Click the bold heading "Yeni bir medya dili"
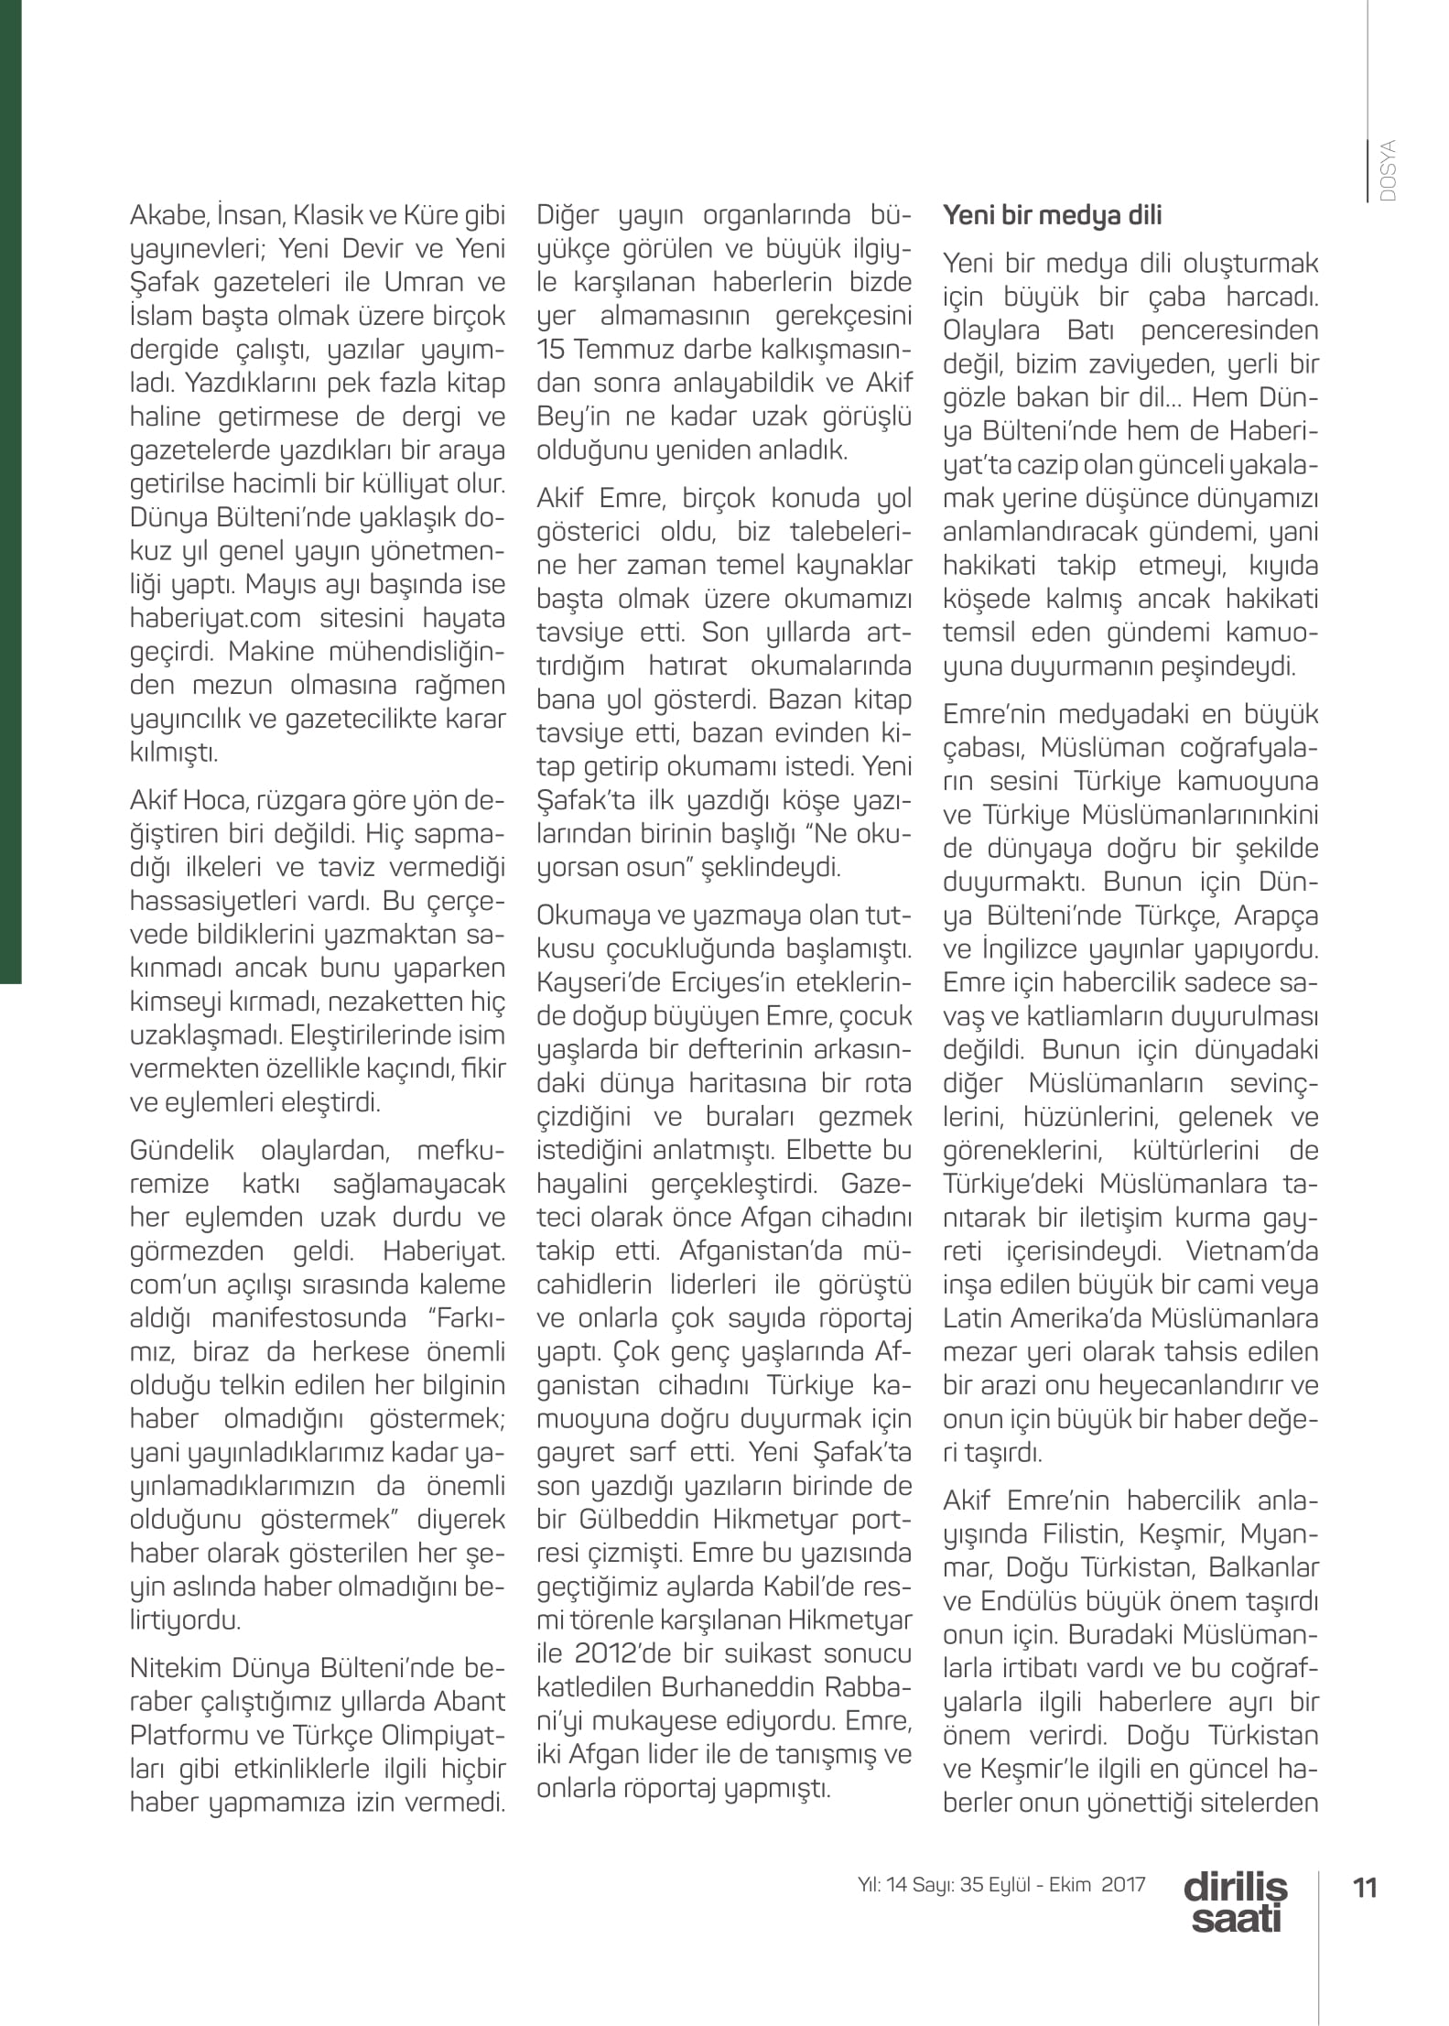[x=1052, y=215]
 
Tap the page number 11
[x=1365, y=1888]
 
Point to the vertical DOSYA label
[x=1388, y=171]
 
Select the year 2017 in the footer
[x=1123, y=1884]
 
